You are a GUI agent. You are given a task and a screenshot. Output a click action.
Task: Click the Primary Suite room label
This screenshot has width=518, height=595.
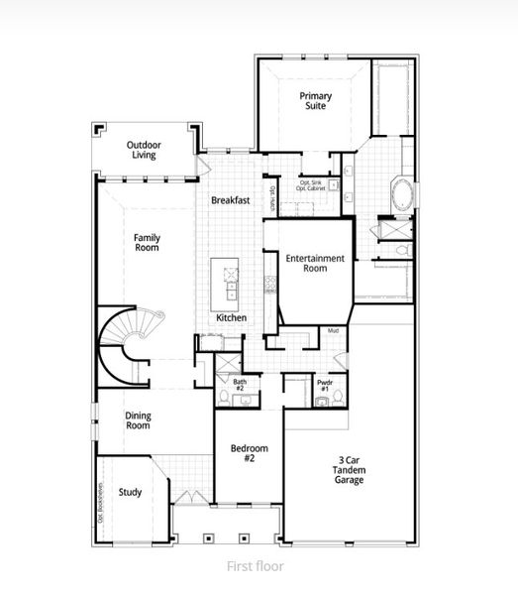pos(317,101)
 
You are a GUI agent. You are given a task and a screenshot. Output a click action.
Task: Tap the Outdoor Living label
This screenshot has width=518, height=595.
pos(145,151)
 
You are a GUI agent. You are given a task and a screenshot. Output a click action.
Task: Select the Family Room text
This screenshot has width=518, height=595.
pos(148,243)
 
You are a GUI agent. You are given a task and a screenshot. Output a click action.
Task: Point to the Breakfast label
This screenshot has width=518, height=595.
pos(230,200)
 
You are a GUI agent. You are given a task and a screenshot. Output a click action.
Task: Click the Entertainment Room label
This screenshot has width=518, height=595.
pos(315,263)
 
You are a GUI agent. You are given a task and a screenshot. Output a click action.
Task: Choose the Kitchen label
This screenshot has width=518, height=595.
pos(232,318)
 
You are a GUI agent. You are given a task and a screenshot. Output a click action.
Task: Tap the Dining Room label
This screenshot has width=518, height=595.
pos(138,420)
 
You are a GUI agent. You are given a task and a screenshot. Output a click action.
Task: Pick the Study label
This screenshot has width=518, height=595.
pos(130,491)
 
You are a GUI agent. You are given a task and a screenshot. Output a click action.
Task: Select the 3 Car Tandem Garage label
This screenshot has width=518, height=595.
pos(349,470)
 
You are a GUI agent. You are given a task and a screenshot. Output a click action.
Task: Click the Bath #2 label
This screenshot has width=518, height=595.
pos(240,385)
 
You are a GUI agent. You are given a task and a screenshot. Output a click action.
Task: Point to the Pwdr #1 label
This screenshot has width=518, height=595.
pos(324,384)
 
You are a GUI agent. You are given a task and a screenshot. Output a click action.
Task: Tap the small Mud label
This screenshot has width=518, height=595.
pos(333,330)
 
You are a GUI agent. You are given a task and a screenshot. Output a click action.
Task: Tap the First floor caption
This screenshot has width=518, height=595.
pos(256,566)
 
